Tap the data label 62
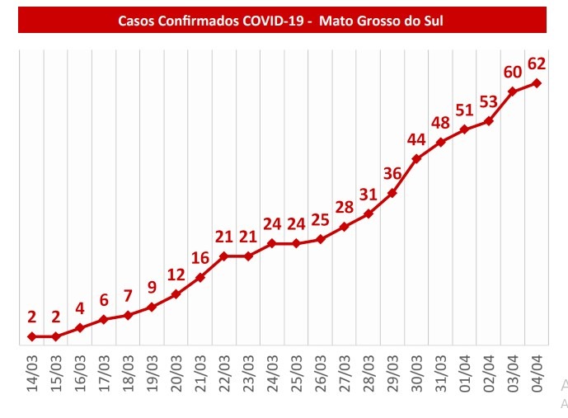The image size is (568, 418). pos(537,63)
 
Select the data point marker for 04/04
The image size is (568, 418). pos(537,82)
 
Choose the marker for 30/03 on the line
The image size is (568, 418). pos(416,158)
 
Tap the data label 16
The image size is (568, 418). pos(200,257)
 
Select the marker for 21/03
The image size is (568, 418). pos(200,277)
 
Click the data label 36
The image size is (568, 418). pos(392,173)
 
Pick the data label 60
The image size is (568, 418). pos(513,71)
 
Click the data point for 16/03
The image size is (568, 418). pos(80,328)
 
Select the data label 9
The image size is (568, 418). pos(153,288)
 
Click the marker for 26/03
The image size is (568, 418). pos(321,239)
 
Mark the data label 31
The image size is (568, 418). pos(368,194)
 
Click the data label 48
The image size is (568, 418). pos(441,123)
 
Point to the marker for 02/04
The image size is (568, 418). pos(489,121)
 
